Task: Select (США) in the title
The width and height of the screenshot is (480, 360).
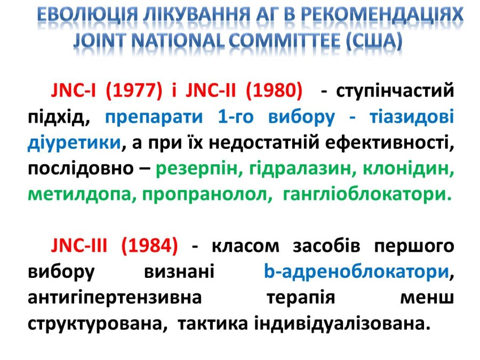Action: (x=374, y=41)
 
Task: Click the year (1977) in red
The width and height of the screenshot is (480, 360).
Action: (x=134, y=91)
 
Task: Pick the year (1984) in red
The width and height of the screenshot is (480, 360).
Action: (x=149, y=246)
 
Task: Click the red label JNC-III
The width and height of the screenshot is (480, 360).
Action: (x=79, y=246)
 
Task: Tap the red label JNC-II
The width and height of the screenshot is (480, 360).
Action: (x=211, y=91)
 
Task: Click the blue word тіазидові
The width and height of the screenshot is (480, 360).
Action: (x=412, y=117)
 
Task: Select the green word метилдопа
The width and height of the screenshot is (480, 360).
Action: (x=79, y=195)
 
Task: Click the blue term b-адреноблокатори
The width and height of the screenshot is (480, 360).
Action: (x=356, y=272)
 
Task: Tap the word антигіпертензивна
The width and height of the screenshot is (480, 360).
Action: (x=115, y=298)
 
